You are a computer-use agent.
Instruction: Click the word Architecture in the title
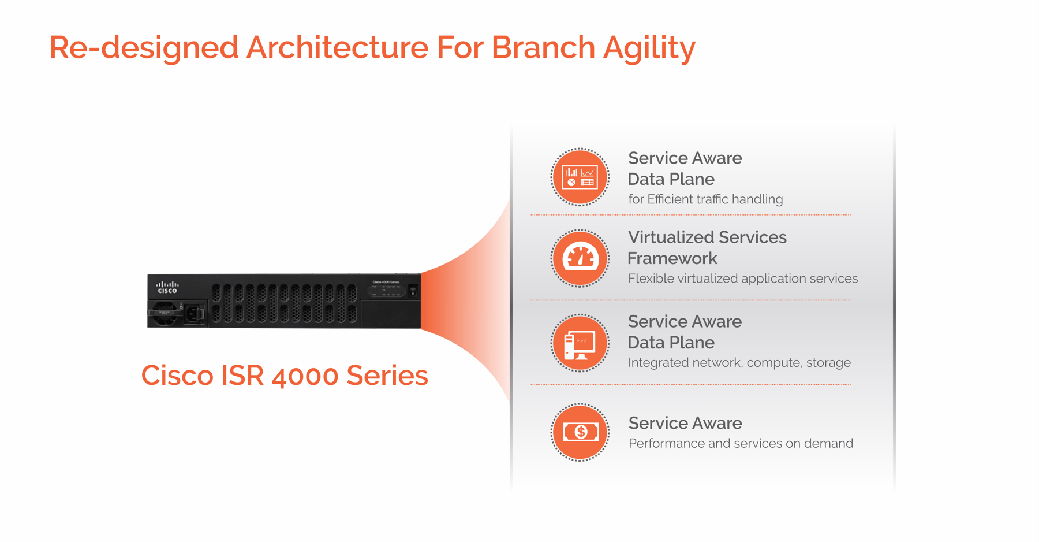coord(337,47)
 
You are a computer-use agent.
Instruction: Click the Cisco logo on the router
coord(167,287)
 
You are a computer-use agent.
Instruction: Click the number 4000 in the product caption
coord(305,376)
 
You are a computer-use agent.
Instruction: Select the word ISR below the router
coord(242,376)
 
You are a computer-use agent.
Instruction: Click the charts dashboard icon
coord(580,177)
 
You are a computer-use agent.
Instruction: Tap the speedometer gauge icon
coord(580,258)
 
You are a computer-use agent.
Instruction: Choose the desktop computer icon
coord(580,343)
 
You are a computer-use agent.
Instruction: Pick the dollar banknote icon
coord(580,432)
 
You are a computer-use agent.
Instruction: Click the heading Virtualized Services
coord(707,237)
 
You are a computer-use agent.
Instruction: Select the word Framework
coord(672,258)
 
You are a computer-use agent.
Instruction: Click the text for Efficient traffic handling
coord(705,199)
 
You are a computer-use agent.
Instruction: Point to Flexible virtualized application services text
coord(743,279)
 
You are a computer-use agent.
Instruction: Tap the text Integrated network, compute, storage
coord(739,363)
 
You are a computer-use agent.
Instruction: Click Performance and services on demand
coord(741,444)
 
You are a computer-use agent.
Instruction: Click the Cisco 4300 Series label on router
coord(386,282)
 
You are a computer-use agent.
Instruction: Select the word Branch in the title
coord(543,47)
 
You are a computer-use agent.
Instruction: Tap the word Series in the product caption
coord(387,376)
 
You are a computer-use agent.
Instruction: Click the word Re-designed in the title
coord(144,47)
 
